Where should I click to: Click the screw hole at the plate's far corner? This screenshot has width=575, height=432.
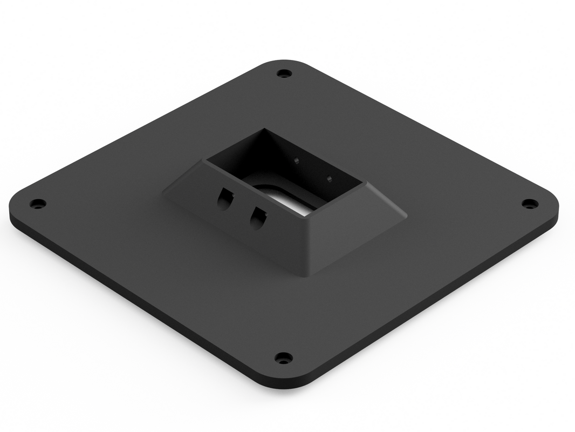[x=284, y=73]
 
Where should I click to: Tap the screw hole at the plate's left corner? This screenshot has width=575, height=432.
[x=37, y=204]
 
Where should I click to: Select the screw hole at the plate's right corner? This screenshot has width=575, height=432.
[x=530, y=204]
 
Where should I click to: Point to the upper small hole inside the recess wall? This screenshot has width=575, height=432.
[x=296, y=160]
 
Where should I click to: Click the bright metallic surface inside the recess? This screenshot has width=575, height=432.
[x=291, y=202]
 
